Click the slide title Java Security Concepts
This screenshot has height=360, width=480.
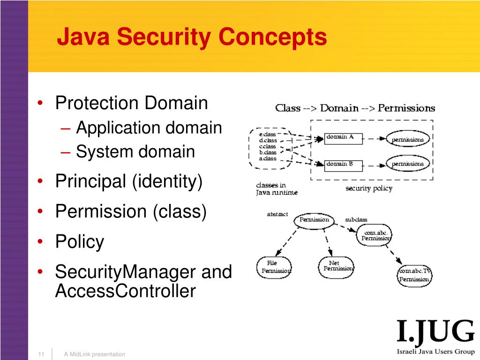(192, 37)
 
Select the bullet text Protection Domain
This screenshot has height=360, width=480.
(131, 103)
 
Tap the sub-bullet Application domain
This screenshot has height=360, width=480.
(149, 127)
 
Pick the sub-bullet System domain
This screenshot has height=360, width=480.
(135, 152)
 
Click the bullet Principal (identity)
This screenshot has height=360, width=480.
(129, 181)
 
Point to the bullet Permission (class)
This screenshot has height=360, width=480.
(131, 211)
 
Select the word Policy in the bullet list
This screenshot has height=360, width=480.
(80, 242)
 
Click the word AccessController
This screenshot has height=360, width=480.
(125, 291)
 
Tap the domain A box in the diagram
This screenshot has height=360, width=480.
(343, 137)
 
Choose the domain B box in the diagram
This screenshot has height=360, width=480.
(343, 164)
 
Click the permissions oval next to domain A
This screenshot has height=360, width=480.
(407, 139)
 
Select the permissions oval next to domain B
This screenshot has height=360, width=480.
(407, 164)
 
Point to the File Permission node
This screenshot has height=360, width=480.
(274, 267)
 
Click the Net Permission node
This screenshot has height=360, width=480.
(336, 266)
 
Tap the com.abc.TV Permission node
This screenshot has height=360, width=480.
(414, 276)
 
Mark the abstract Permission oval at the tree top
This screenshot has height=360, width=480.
(314, 220)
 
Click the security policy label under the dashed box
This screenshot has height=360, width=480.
(368, 188)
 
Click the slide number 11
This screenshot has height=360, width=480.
(41, 354)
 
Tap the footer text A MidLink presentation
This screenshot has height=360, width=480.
(95, 354)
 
